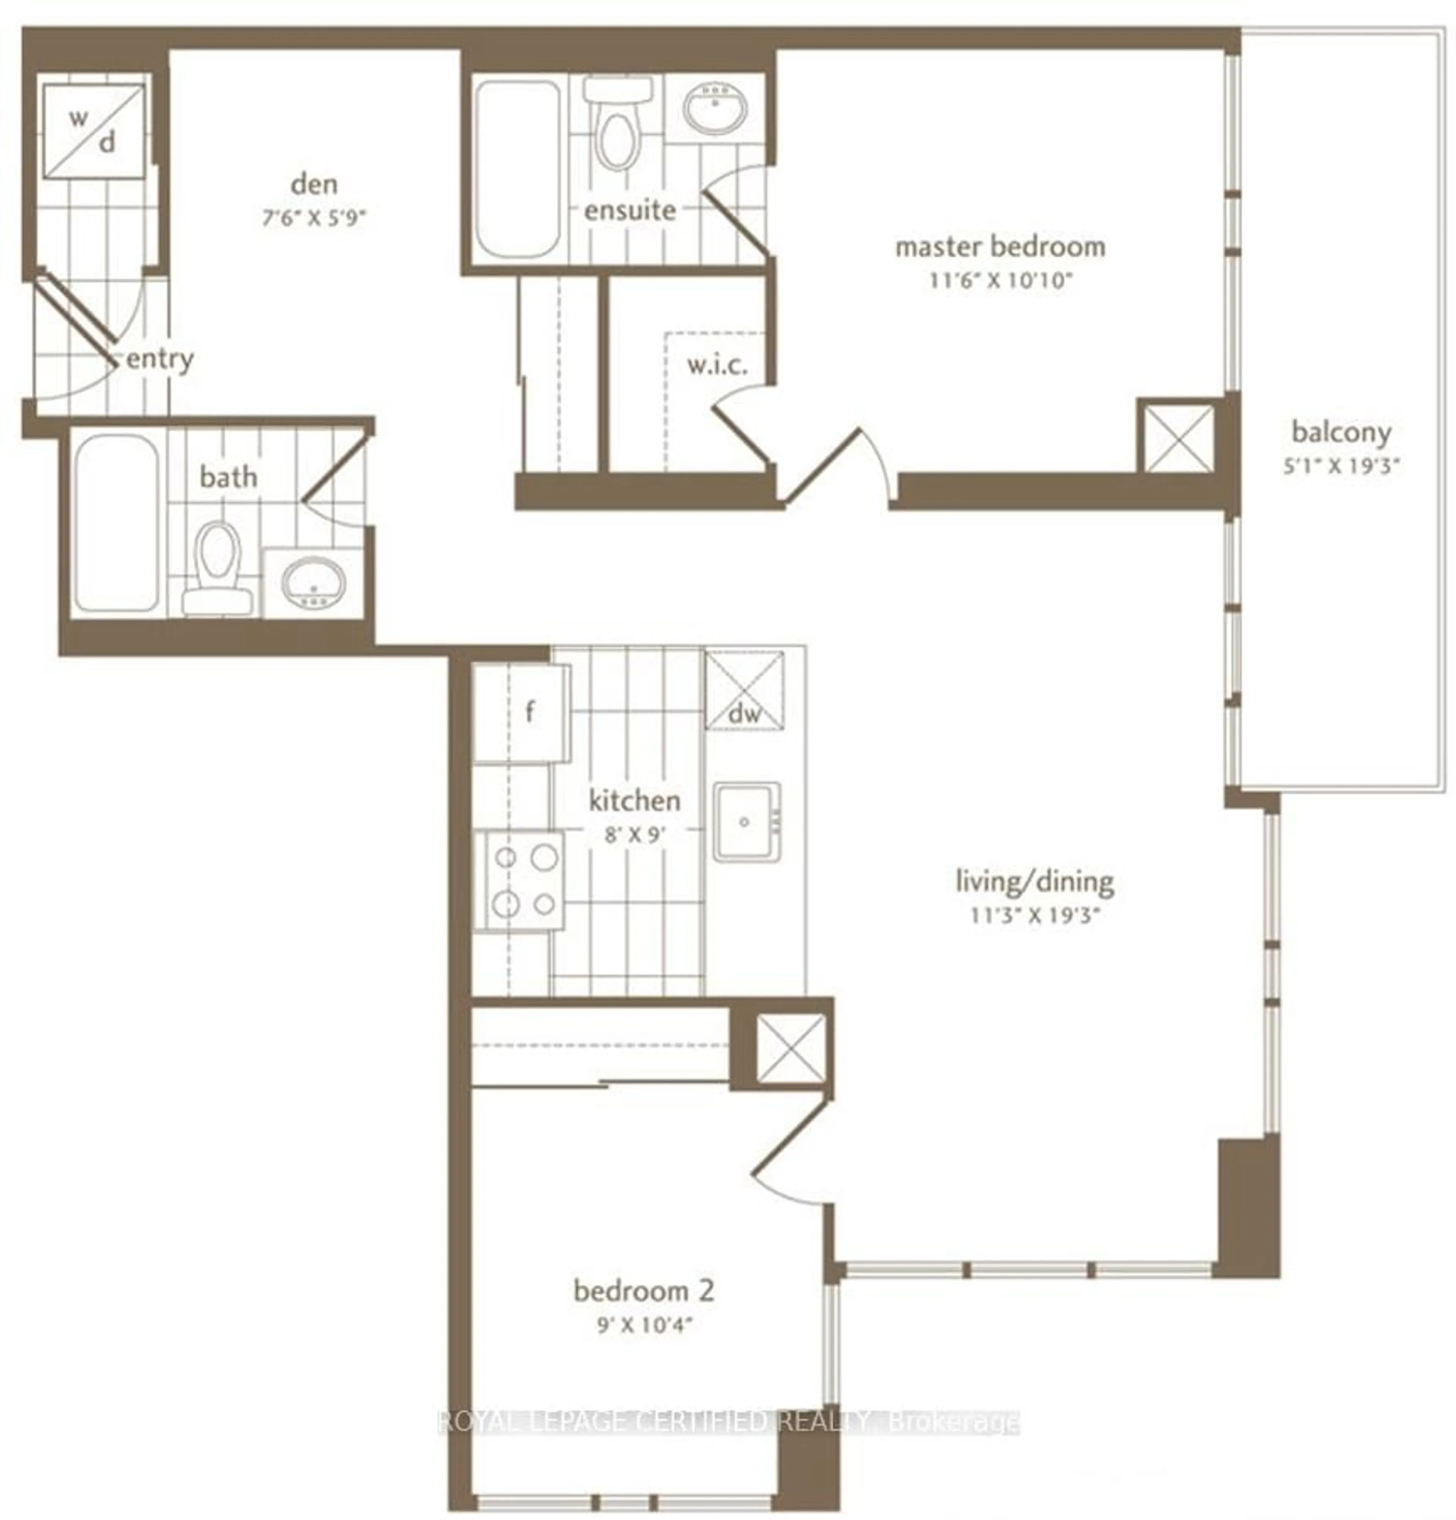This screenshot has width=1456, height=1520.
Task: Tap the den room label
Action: click(314, 185)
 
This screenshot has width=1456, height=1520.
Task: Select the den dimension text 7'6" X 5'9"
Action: click(314, 218)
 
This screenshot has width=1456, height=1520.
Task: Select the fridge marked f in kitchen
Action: click(521, 712)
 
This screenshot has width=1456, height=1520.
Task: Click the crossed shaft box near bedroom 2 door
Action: click(790, 1048)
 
